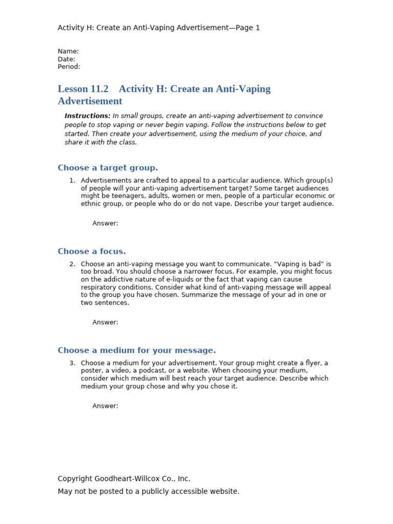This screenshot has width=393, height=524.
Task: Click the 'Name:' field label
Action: (68, 51)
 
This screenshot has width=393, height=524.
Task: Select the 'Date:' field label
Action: (67, 59)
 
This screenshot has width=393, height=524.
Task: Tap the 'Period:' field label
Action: (69, 67)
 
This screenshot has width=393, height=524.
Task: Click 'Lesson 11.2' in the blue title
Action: (83, 89)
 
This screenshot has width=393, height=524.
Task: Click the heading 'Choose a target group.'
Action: (108, 168)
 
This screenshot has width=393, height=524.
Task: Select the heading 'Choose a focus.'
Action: (92, 251)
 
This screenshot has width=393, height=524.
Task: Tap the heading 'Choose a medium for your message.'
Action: (137, 351)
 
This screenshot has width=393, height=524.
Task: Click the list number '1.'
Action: (72, 181)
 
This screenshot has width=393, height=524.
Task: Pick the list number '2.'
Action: (72, 264)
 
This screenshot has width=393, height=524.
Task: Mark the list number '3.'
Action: (72, 363)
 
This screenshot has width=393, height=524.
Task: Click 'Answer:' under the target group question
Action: (105, 223)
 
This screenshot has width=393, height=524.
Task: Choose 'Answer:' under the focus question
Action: (105, 322)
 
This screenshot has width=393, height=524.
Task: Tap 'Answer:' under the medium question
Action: (105, 406)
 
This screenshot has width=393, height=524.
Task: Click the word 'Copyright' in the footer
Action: (75, 479)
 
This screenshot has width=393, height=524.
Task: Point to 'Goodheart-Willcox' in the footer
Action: (124, 479)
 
